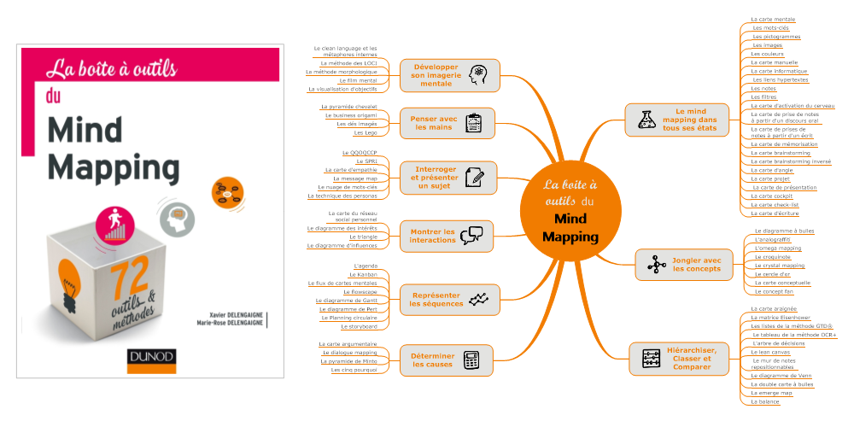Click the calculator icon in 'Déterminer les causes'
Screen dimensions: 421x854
click(471, 360)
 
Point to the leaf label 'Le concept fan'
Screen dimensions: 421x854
click(775, 291)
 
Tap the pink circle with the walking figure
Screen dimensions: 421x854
click(113, 225)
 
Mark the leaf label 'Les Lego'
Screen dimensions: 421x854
click(365, 132)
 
